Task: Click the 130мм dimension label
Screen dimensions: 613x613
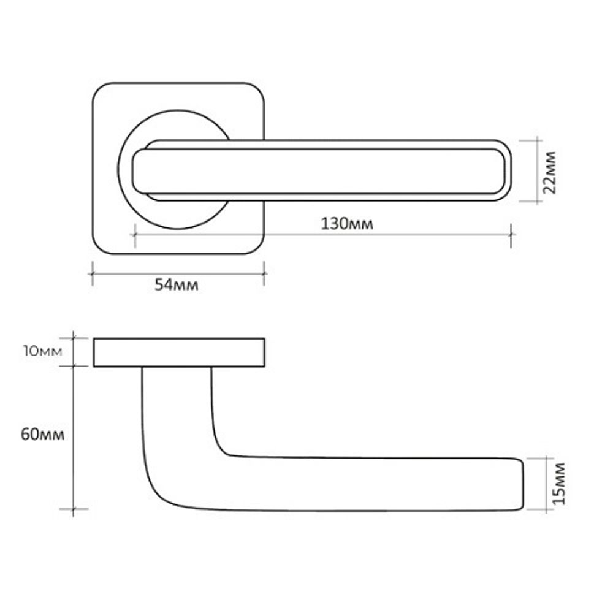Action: [347, 223]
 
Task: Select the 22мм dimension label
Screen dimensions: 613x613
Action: [550, 171]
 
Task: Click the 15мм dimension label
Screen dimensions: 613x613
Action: [557, 484]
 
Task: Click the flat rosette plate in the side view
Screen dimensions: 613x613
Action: [179, 352]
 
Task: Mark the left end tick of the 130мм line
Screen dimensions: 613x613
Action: [134, 235]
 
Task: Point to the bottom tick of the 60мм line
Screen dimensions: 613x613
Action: [73, 509]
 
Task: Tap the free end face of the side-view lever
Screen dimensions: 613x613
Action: [523, 484]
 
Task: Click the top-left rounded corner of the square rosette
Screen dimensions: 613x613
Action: [102, 92]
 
